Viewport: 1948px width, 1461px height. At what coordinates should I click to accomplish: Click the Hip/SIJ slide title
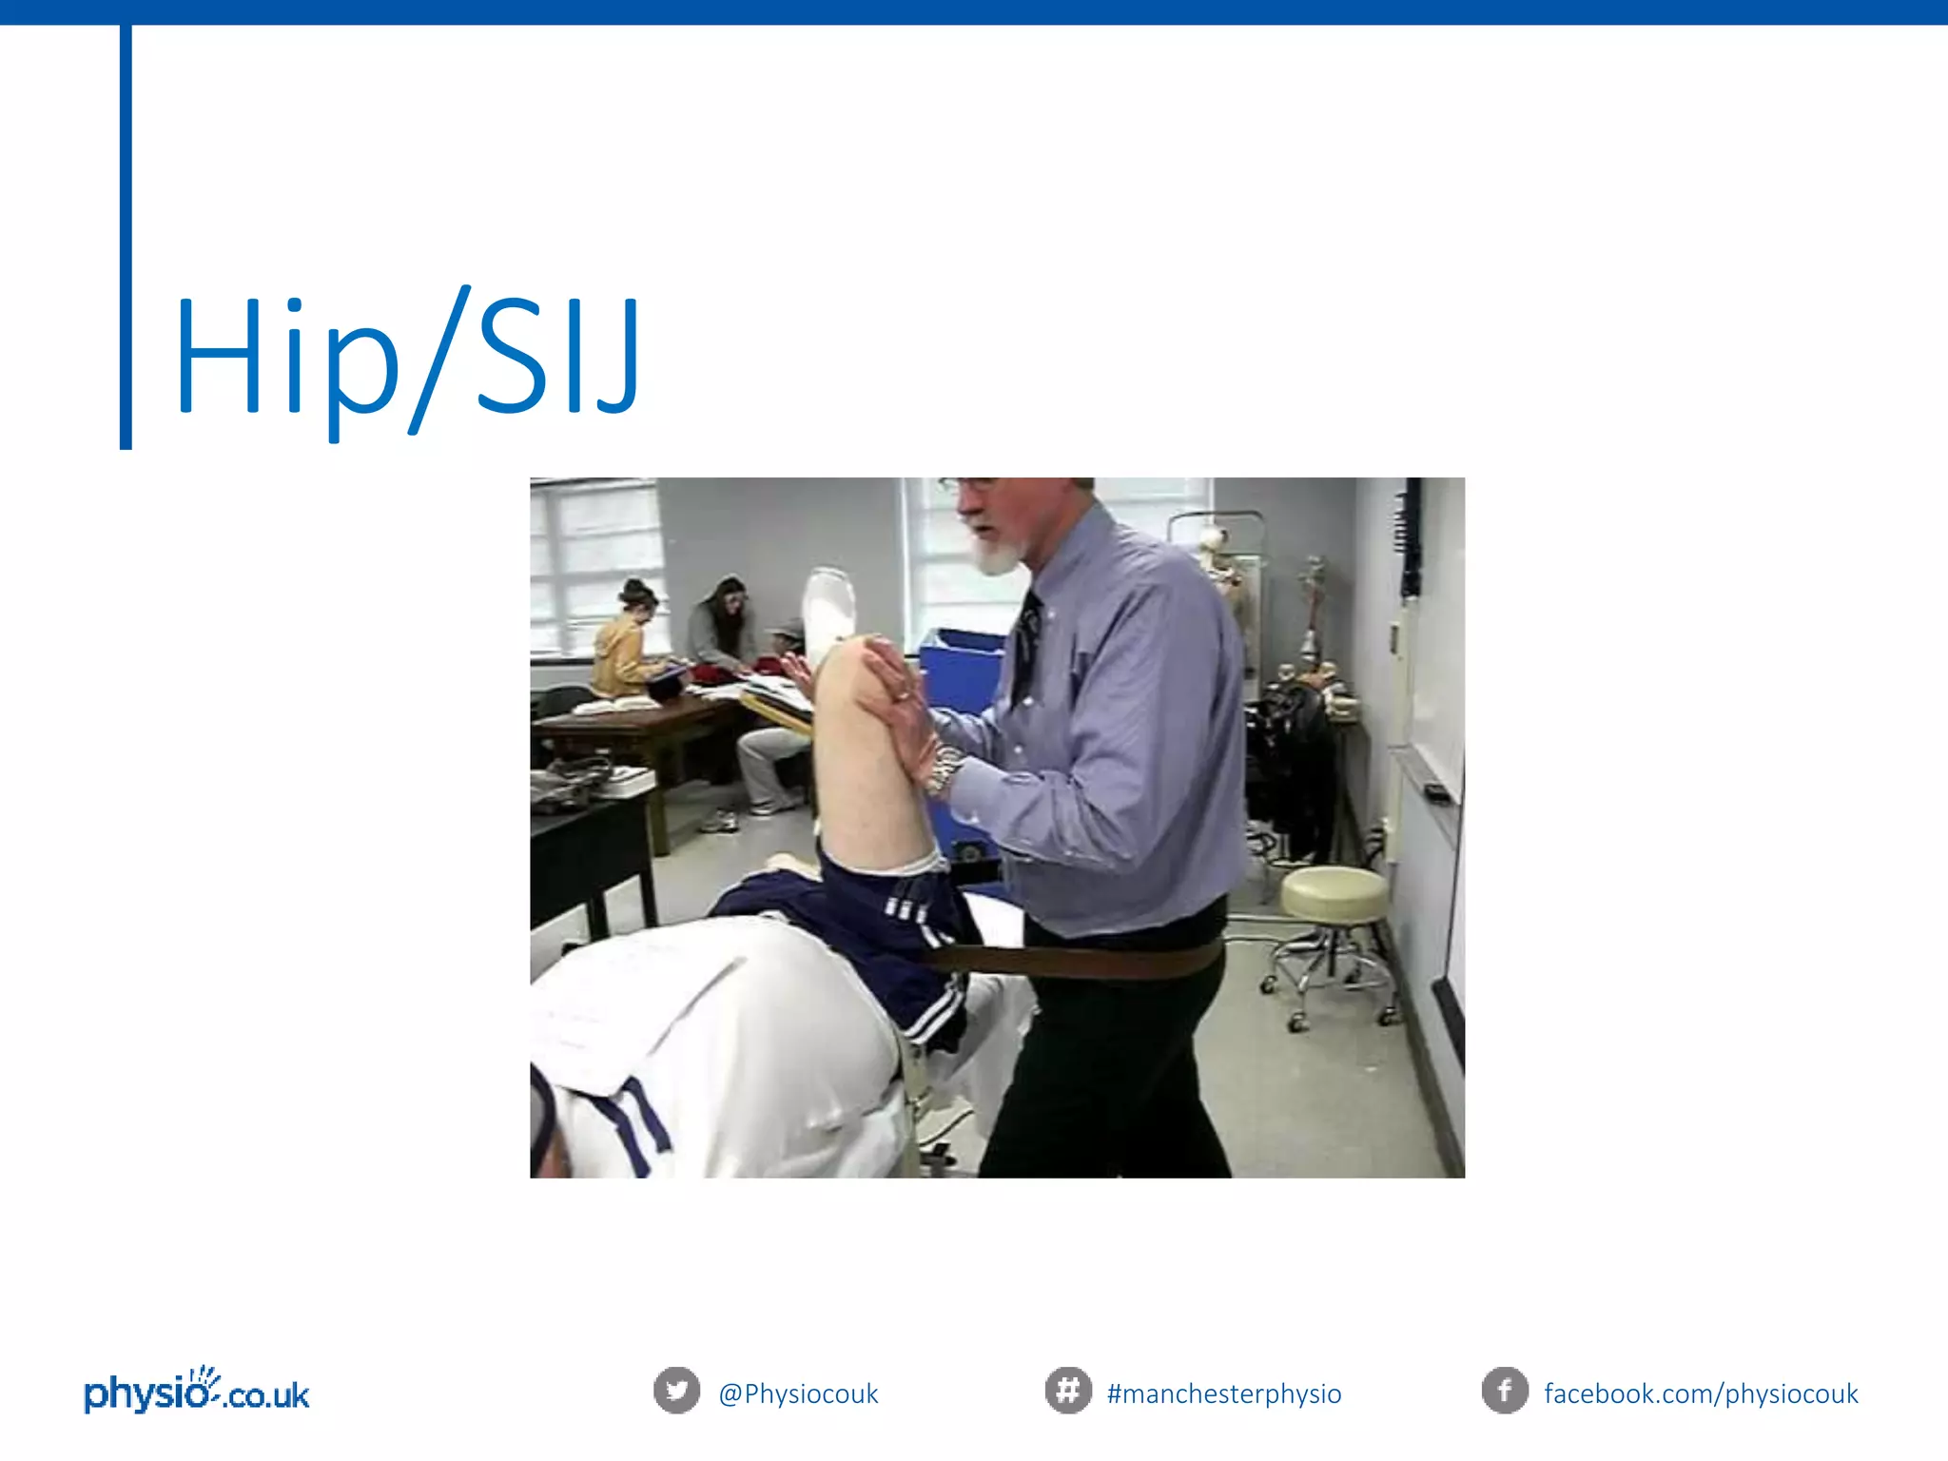[407, 357]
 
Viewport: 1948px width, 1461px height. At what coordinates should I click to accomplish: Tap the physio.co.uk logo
[197, 1391]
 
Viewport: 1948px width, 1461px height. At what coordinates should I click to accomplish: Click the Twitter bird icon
[676, 1391]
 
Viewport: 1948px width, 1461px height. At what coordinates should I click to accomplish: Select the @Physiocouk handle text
[798, 1393]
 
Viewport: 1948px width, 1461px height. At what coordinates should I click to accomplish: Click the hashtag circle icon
[1067, 1391]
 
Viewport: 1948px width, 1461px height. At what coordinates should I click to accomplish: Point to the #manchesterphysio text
[1224, 1393]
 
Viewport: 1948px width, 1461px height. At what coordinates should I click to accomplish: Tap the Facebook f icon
[1504, 1391]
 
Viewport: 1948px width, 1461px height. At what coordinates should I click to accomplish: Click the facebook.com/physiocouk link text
[1701, 1393]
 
